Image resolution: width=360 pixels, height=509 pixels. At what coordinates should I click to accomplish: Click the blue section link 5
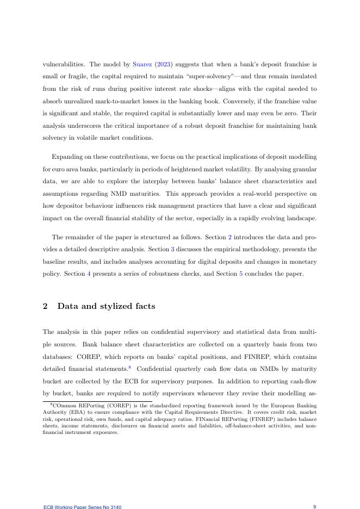click(x=241, y=274)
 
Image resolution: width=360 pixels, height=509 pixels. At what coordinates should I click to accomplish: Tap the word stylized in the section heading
click(x=114, y=306)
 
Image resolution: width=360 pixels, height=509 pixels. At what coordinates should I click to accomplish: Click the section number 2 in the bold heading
click(x=45, y=306)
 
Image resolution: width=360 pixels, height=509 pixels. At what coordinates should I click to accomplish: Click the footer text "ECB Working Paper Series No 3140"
click(x=82, y=507)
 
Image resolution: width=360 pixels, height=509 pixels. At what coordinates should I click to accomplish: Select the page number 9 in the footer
click(x=314, y=507)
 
